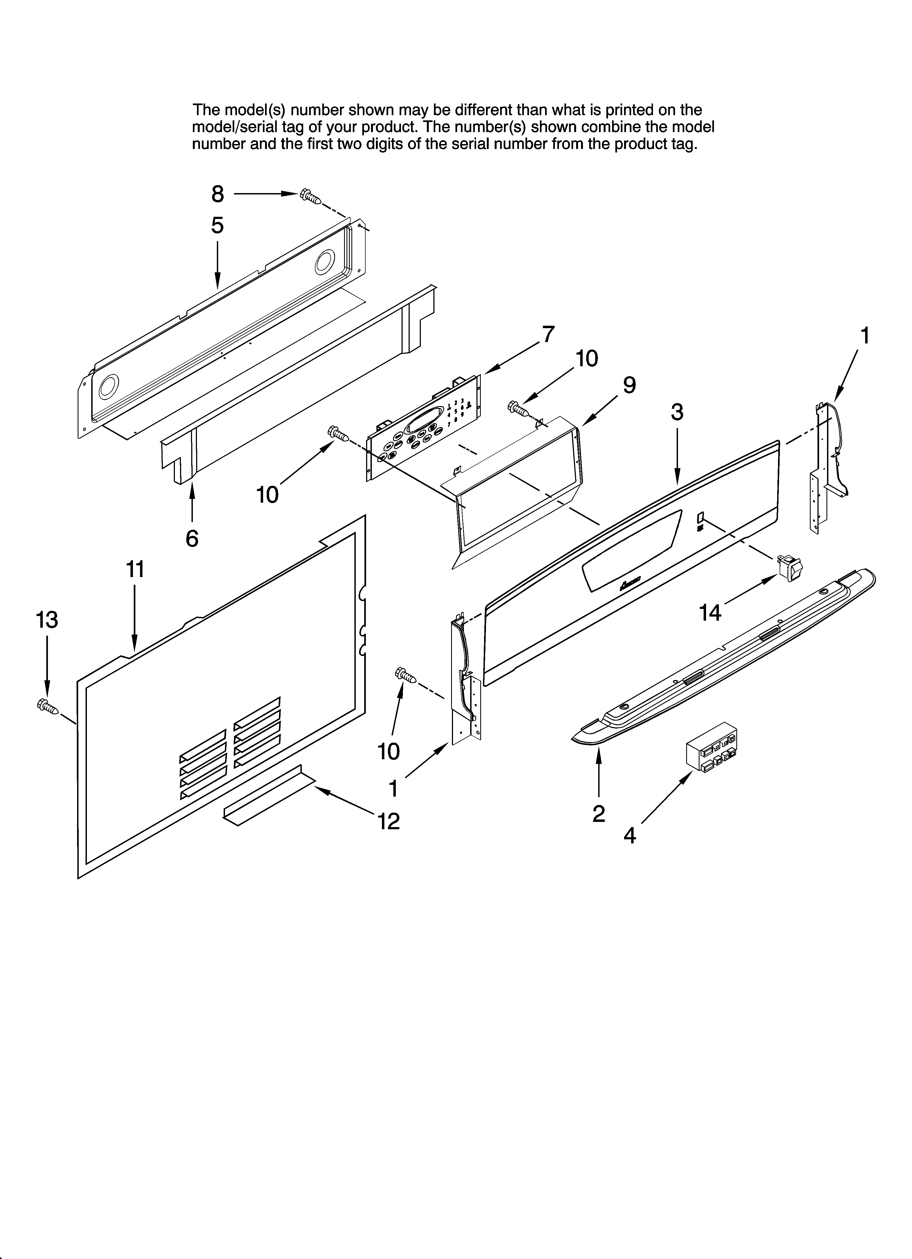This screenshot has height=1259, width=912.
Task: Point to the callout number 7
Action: pos(548,335)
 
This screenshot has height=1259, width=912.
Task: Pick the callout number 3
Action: pos(676,412)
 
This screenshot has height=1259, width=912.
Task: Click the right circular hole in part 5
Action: pos(325,262)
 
